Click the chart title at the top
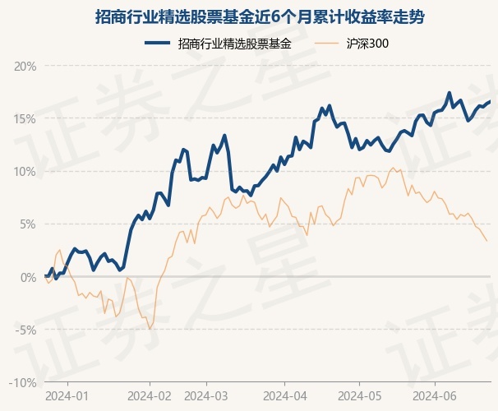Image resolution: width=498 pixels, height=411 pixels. click(x=260, y=16)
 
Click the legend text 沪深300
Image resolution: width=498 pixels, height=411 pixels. click(x=367, y=44)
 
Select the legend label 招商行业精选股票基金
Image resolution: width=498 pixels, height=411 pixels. click(x=235, y=44)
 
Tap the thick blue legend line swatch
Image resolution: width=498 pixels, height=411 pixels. click(x=157, y=43)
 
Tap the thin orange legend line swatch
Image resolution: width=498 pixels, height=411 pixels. click(x=326, y=43)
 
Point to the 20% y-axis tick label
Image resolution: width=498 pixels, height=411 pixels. click(x=25, y=67)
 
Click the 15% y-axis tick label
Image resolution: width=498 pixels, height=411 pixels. click(x=25, y=119)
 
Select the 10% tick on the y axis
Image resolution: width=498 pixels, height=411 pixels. click(x=25, y=172)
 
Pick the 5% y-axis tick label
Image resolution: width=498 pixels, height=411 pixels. click(x=28, y=224)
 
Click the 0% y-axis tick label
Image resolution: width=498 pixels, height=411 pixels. click(x=28, y=277)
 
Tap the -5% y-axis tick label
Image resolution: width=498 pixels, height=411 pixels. click(x=25, y=330)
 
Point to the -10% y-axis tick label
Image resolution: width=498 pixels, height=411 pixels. click(x=22, y=383)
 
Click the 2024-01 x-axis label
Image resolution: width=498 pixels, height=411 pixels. click(x=67, y=396)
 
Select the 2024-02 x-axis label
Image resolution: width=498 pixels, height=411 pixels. click(x=150, y=396)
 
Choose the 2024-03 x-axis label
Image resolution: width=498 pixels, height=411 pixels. click(x=206, y=396)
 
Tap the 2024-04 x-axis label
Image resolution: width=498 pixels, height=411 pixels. click(x=285, y=396)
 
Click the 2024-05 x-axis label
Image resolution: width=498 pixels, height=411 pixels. click(x=360, y=396)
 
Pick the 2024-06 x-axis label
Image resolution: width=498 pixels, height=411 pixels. click(x=435, y=396)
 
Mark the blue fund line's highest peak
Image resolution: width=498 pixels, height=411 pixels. click(x=449, y=93)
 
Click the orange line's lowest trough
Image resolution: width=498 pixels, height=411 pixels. click(x=150, y=329)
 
